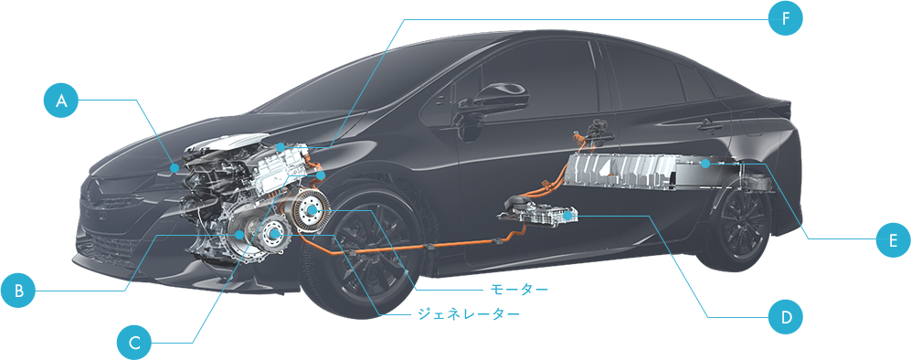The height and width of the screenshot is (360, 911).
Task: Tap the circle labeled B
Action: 17,291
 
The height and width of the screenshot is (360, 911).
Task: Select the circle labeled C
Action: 134,343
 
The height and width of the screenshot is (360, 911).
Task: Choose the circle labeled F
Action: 785,17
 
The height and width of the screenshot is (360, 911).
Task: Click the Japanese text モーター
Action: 519,290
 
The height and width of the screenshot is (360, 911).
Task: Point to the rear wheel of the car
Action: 745,220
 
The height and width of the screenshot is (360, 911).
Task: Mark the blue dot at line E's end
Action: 705,164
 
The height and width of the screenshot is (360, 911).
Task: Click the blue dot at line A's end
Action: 175,167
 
